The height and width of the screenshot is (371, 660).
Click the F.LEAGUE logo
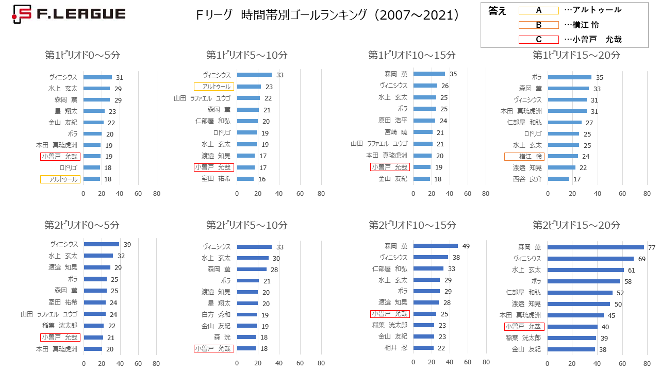coord(69,14)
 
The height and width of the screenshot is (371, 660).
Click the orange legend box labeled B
coord(539,25)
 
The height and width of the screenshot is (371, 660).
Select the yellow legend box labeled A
coord(539,10)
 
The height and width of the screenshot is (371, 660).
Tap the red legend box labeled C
coord(539,40)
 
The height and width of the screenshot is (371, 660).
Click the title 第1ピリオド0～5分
coord(82,55)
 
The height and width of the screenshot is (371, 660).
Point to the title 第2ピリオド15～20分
coord(576,225)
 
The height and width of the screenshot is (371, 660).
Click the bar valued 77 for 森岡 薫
coord(596,247)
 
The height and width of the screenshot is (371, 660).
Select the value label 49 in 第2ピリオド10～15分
coord(466,246)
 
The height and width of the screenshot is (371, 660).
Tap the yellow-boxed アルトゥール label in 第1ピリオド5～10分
coord(214,87)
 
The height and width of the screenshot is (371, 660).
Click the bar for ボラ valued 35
coord(569,77)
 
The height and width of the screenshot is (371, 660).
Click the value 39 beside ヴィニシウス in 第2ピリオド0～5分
coord(127,245)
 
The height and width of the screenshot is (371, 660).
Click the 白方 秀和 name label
coord(216,315)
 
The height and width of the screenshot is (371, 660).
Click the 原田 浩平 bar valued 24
coord(424,121)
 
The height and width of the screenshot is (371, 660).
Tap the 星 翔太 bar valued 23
coord(94,111)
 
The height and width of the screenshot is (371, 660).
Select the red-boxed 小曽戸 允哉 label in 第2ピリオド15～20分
coord(524,327)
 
